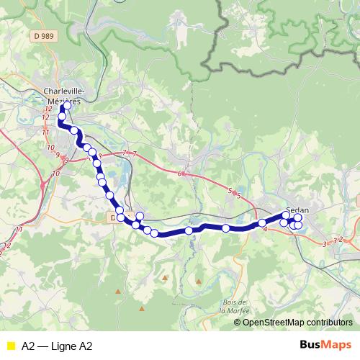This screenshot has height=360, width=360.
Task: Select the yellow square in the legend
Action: point(10,346)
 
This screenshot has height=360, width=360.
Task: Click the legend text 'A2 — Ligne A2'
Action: point(57,346)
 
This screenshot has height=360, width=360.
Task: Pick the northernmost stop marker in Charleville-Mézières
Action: point(67,107)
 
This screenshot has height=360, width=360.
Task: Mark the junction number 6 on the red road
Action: point(180,174)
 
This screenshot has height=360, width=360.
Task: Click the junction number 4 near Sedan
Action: point(266,230)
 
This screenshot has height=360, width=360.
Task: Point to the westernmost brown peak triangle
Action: point(118,292)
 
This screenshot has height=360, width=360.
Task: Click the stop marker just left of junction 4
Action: point(262,223)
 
